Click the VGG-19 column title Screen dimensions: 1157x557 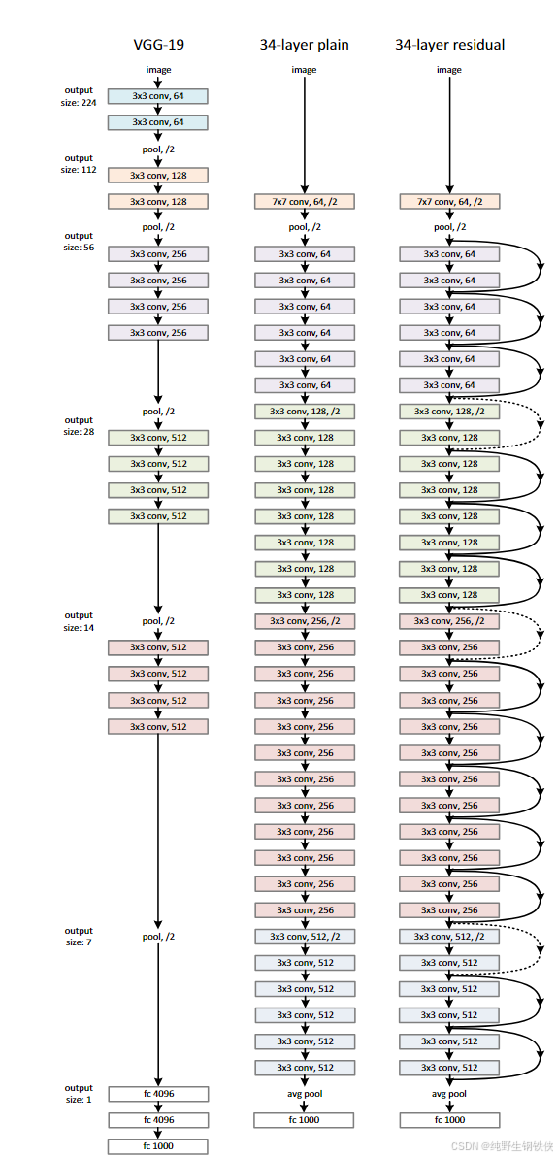157,45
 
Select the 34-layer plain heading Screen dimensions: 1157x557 304,45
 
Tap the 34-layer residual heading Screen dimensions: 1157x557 449,45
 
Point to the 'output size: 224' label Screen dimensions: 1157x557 80,96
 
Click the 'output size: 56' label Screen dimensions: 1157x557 80,241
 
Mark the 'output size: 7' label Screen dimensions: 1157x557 80,937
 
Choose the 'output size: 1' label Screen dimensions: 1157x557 80,1094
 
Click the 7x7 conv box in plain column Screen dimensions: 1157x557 305,202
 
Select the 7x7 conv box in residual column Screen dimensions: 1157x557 449,202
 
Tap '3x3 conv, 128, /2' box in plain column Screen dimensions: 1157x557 305,412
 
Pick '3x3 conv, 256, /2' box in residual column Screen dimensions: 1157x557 449,621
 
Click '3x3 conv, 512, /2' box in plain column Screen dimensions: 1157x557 305,937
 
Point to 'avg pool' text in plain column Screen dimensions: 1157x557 305,1094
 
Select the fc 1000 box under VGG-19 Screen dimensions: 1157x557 157,1146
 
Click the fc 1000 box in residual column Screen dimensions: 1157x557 449,1120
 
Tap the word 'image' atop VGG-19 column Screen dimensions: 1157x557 157,70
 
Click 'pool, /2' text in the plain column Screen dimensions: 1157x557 305,228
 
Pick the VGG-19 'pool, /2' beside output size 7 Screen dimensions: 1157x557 157,937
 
